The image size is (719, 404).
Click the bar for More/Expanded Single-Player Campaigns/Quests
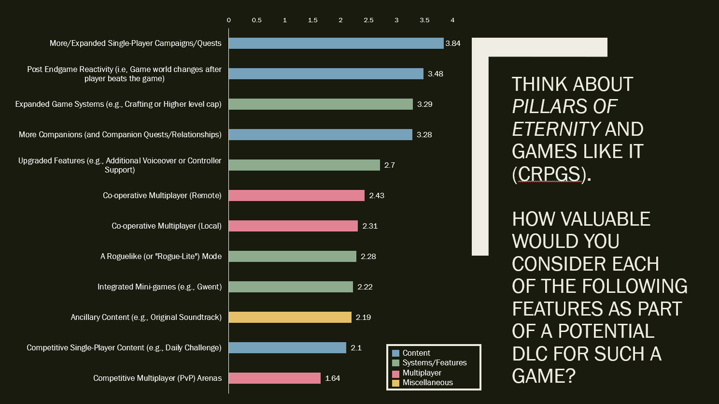coord(336,43)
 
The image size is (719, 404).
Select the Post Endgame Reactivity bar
coord(326,74)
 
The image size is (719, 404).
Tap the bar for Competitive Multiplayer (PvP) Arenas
coord(274,378)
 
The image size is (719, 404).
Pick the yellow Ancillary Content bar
coord(290,317)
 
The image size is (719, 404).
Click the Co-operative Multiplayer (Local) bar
coord(293,226)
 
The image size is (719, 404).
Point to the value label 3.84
coord(453,43)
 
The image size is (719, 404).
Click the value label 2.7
coord(390,165)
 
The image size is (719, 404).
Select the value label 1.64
coord(333,378)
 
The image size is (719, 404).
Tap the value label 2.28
coord(368,257)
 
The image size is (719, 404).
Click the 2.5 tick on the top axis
coord(368,20)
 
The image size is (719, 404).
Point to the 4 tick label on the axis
coord(452,20)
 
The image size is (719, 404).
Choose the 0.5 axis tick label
coord(256,20)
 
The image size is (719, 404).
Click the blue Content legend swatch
coord(396,353)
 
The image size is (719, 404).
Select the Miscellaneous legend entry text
coord(428,383)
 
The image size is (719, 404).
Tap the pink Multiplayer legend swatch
coord(396,373)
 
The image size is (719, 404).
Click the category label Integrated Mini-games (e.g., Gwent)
coord(159,287)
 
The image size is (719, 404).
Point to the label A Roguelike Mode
coord(161,257)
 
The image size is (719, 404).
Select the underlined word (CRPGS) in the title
coord(549,174)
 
